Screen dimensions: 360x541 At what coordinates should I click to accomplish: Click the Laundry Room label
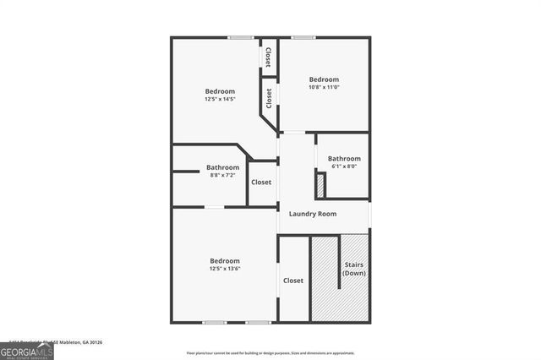pos(313,214)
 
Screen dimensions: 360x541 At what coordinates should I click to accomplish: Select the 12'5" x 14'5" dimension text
pos(220,100)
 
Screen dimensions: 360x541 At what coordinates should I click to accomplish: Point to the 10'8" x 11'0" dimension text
pos(323,88)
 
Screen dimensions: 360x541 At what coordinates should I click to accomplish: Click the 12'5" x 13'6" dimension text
pos(225,270)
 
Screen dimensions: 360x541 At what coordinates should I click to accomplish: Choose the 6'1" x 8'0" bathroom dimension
pos(344,166)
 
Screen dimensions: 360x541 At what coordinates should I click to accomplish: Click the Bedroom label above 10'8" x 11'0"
pos(323,79)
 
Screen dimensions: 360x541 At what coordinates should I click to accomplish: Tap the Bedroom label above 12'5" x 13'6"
pos(225,261)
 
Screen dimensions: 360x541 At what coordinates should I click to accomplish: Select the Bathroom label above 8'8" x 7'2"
pos(223,167)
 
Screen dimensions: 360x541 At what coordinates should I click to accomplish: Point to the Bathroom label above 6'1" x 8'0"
pos(344,158)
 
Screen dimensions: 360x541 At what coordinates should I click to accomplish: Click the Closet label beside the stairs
pos(293,281)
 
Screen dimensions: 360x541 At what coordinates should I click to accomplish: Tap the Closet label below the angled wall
pos(261,182)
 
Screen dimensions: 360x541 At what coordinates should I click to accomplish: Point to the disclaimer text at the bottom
pos(270,352)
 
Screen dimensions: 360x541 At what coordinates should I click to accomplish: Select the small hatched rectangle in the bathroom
pos(320,183)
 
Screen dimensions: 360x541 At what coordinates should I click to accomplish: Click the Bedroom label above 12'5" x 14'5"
pos(220,91)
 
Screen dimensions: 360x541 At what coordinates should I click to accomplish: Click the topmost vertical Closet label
pos(268,57)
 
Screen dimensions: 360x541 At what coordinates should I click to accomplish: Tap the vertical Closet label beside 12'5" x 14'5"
pos(269,99)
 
